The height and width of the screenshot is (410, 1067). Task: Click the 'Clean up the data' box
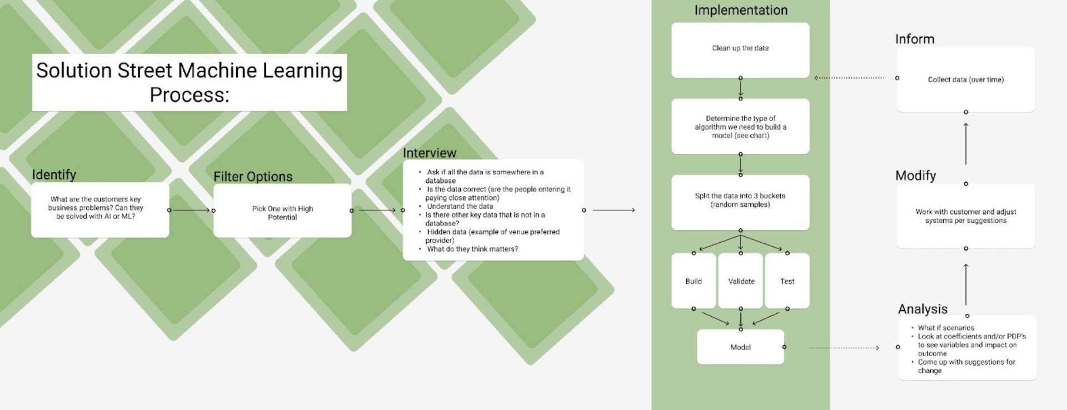click(x=740, y=50)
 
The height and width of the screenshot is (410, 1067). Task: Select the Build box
click(x=694, y=281)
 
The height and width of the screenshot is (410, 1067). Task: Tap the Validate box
click(x=741, y=281)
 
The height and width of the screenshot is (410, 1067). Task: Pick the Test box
click(x=787, y=281)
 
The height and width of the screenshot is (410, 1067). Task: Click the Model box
click(x=740, y=347)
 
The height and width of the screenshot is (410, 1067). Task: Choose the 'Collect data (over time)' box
click(x=966, y=79)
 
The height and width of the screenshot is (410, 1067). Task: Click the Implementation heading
click(x=741, y=10)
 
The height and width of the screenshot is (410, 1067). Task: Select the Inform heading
click(x=915, y=39)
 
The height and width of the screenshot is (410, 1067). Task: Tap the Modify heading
click(x=916, y=176)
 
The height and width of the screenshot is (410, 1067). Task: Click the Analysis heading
click(x=923, y=309)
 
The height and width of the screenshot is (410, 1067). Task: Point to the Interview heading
click(x=430, y=153)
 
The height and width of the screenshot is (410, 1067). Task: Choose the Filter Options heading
click(x=253, y=177)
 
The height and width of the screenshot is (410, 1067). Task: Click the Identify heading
click(x=54, y=174)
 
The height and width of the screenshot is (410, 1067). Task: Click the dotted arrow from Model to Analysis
click(x=844, y=348)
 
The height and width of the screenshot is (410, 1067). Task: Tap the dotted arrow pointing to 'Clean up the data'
click(x=849, y=78)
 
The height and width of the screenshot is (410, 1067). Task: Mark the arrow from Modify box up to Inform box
click(x=966, y=143)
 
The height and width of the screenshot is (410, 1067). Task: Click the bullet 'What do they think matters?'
click(x=472, y=249)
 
